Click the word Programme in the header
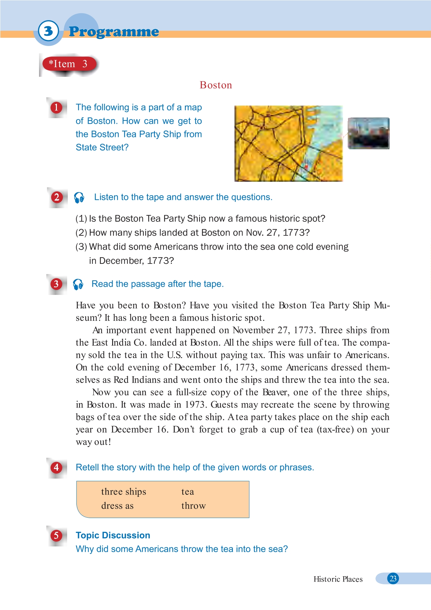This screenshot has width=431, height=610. tap(114, 32)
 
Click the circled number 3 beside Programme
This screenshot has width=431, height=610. tap(48, 31)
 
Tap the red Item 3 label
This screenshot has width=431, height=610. tap(69, 64)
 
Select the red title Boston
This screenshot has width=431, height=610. tap(216, 85)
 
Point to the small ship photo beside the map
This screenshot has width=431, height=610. tap(368, 133)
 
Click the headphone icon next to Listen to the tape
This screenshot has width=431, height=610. tap(79, 198)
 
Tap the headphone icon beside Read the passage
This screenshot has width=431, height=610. tap(78, 284)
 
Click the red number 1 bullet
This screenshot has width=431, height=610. tap(57, 108)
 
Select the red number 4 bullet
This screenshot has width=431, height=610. tap(57, 467)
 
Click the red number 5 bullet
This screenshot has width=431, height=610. tap(57, 536)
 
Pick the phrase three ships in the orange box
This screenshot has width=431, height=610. tap(123, 492)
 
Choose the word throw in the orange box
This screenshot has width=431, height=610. tap(194, 506)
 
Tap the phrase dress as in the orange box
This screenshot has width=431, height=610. tap(117, 506)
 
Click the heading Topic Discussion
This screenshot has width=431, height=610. tap(113, 535)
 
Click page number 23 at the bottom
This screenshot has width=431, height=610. tap(393, 579)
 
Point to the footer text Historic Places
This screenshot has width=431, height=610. tap(338, 579)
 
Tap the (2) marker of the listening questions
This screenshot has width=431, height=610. tap(81, 233)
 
